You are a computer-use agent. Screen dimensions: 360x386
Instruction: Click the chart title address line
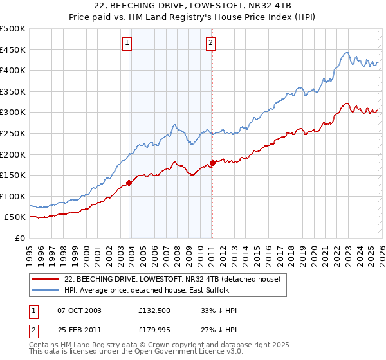(192, 6)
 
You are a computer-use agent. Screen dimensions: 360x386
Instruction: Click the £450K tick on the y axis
(13, 50)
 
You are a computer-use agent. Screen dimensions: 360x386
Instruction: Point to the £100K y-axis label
(13, 196)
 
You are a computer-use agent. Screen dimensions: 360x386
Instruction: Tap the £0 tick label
(20, 238)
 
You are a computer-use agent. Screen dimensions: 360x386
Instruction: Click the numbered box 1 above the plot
(127, 43)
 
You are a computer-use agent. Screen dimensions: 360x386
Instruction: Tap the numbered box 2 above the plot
(210, 43)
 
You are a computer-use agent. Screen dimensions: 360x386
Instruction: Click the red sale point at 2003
(129, 183)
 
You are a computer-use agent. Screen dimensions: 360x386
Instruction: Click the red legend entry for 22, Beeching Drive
(172, 280)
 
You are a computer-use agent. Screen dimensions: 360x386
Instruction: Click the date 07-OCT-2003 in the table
(79, 310)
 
